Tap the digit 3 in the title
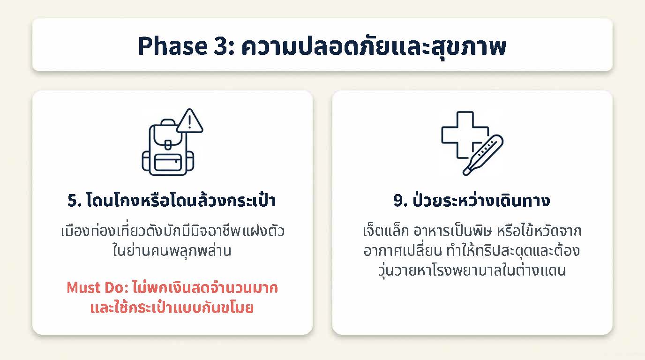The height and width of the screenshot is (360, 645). point(221,46)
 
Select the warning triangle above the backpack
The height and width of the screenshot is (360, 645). point(190,121)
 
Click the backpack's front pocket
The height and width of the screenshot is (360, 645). point(168,163)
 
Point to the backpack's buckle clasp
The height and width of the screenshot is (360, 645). point(168,145)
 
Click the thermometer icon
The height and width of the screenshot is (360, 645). point(483,155)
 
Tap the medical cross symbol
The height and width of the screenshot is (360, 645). point(465,135)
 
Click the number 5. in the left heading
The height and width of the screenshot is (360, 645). point(75,201)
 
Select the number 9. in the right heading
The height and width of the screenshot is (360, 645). point(400,201)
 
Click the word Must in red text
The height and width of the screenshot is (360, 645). point(83,287)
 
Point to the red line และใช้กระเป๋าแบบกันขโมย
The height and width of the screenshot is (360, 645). point(172,307)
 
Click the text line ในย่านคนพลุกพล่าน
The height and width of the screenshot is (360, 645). point(172,250)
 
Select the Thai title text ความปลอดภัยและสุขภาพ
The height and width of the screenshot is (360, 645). point(374,46)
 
